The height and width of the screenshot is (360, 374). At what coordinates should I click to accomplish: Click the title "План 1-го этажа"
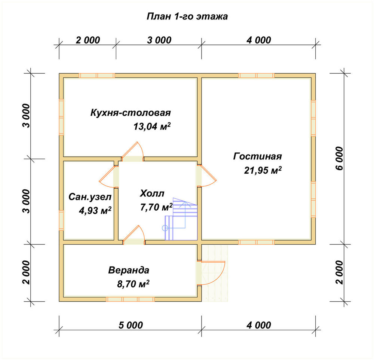(187, 16)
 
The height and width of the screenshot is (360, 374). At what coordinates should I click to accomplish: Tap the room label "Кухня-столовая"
(131, 113)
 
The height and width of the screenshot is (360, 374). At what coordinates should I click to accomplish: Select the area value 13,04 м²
(152, 126)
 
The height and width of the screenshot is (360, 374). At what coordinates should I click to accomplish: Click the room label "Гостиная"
(257, 156)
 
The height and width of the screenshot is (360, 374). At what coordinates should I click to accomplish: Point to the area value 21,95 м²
(263, 170)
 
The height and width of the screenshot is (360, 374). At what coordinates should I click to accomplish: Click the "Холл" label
(152, 193)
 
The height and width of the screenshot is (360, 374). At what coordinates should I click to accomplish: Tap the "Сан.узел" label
(90, 197)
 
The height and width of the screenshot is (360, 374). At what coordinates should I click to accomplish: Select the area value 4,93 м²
(95, 211)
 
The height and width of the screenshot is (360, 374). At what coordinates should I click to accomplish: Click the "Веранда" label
(129, 270)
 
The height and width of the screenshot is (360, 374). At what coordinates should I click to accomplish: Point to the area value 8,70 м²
(133, 284)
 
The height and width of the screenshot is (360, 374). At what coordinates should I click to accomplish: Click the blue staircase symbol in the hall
(181, 219)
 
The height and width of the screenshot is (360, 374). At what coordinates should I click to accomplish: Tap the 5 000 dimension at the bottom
(131, 325)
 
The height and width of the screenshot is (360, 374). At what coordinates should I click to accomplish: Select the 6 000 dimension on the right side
(340, 158)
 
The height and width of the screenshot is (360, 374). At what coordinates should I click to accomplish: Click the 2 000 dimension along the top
(88, 40)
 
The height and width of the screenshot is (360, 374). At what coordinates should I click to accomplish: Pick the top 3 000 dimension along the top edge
(159, 40)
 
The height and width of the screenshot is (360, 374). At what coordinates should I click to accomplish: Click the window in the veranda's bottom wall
(130, 299)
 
